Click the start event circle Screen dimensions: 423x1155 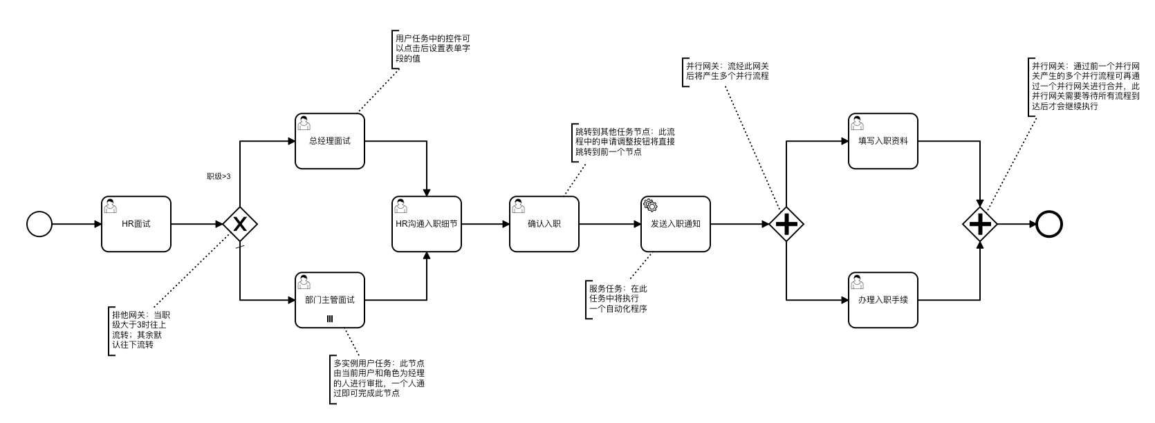(39, 224)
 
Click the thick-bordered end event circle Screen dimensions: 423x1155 (1048, 224)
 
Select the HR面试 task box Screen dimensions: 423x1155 (136, 224)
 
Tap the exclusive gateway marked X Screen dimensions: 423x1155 (240, 224)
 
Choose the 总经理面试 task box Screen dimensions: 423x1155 (330, 141)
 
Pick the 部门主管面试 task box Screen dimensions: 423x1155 (330, 300)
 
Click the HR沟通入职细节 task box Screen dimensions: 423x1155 (427, 224)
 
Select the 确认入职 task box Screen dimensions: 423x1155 (544, 224)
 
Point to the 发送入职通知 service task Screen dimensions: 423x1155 (676, 224)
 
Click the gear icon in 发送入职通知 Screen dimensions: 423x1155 (650, 205)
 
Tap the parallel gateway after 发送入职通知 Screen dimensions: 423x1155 (786, 224)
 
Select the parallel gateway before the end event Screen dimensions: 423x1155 (981, 224)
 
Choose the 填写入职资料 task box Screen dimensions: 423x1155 (883, 141)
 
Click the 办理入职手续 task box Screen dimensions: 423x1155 (883, 300)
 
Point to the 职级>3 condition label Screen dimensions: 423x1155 (219, 176)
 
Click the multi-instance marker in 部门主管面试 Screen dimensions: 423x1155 (330, 319)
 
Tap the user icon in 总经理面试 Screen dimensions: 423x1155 (304, 122)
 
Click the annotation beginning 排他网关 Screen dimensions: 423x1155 (138, 330)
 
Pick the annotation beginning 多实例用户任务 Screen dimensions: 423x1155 (378, 378)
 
